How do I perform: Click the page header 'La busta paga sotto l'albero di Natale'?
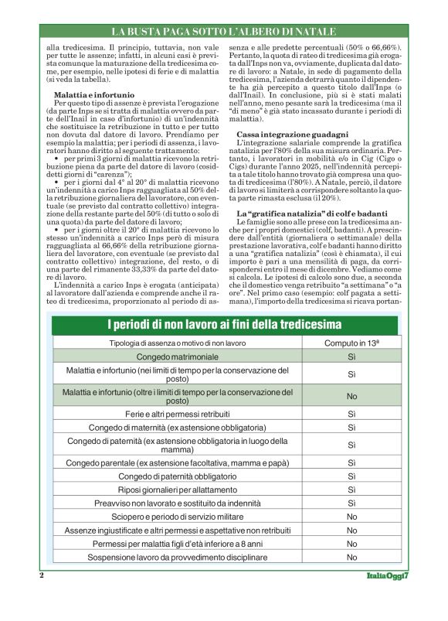pos(224,32)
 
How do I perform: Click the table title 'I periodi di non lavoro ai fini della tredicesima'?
pos(224,322)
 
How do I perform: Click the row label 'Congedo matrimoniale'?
pos(177,357)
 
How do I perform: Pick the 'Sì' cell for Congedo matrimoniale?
pos(351,357)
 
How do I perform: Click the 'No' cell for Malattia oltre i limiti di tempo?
pos(351,396)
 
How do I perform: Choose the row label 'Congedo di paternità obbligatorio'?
pos(177,476)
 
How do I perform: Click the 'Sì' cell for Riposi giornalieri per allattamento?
pos(351,490)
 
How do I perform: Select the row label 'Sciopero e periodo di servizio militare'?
pos(177,517)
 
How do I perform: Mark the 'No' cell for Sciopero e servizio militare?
pos(351,517)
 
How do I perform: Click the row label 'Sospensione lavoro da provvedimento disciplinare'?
pos(177,557)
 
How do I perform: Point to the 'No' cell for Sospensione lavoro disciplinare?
pos(351,557)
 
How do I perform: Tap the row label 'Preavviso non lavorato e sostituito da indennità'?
pos(177,503)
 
